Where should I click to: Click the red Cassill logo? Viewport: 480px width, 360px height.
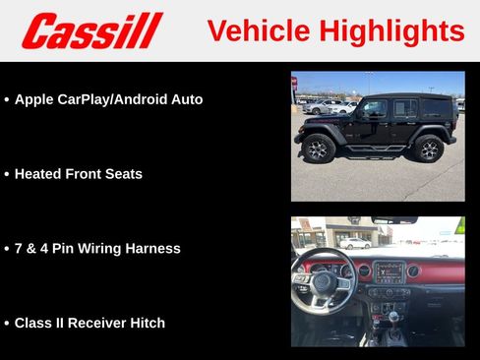click(91, 30)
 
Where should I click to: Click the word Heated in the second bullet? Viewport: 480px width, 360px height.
click(38, 174)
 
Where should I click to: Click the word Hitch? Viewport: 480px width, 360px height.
click(147, 323)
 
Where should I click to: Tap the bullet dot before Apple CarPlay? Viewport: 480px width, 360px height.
click(7, 100)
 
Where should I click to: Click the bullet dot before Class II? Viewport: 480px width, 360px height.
click(7, 324)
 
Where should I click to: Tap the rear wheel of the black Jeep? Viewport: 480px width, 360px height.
click(428, 149)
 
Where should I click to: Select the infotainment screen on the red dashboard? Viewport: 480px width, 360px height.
click(389, 271)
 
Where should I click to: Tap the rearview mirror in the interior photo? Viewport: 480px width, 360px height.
click(393, 220)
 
